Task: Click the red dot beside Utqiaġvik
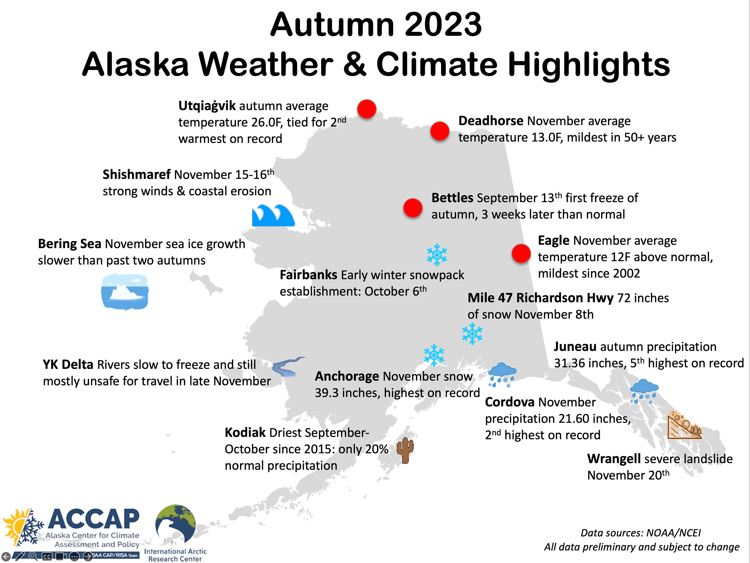[x=367, y=109]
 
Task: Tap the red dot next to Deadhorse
[x=440, y=131]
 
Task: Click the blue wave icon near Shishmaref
[x=273, y=216]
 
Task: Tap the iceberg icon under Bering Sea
[x=125, y=292]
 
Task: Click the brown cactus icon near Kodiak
[x=405, y=450]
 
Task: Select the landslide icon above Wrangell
[x=683, y=425]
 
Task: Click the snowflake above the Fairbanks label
[x=437, y=255]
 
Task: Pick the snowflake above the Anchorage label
[x=434, y=355]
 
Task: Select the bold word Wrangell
[x=614, y=459]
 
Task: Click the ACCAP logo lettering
[x=94, y=519]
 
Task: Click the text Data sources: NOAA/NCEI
[x=641, y=533]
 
